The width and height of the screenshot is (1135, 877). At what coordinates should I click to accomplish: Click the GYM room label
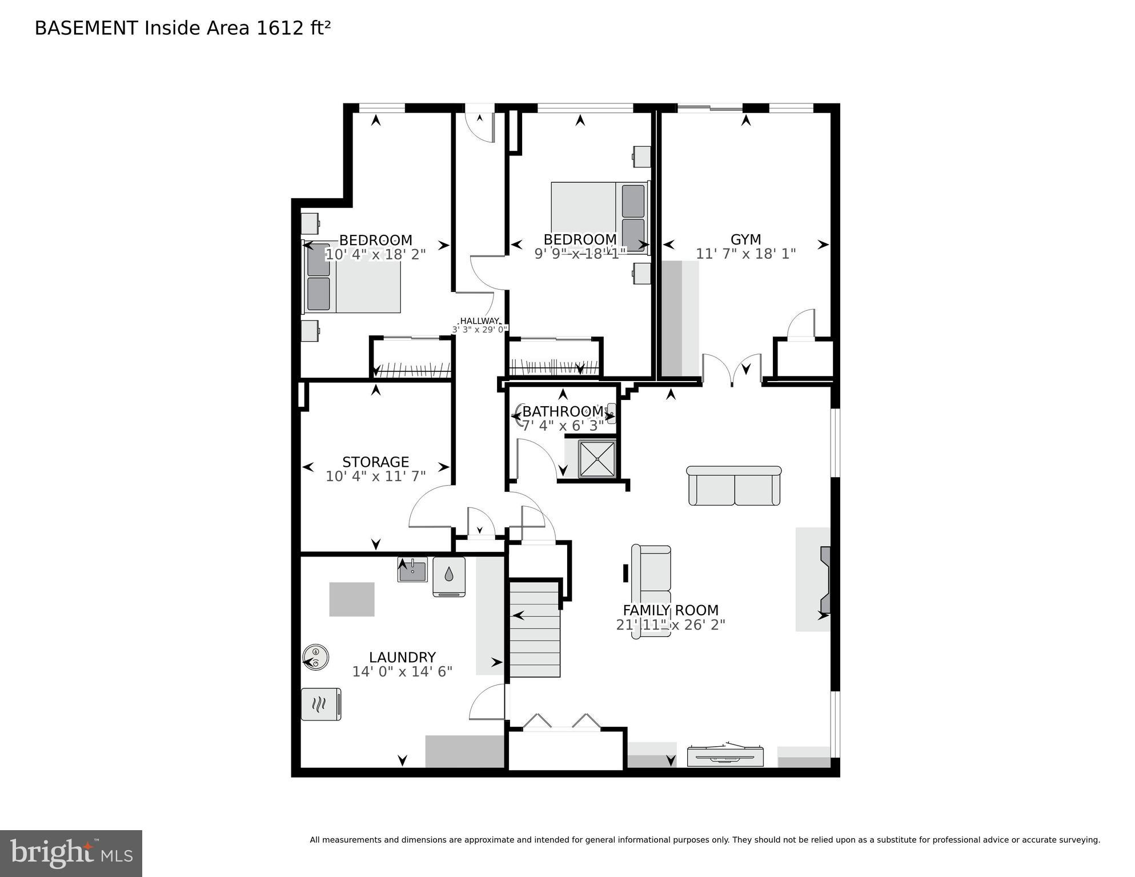coord(745,239)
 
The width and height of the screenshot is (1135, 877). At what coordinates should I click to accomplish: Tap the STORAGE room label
coord(375,462)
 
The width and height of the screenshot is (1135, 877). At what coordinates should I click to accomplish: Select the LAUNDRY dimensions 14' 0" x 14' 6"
coord(402,671)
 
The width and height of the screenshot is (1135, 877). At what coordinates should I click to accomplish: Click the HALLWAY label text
coord(479,321)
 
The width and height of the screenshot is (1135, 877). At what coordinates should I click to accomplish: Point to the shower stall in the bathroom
coord(597,458)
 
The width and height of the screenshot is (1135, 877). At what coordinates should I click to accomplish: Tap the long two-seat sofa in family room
coord(734,486)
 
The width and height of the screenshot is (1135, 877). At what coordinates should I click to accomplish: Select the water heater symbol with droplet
coord(449,576)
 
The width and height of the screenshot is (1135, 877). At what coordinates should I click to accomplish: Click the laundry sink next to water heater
coord(412,570)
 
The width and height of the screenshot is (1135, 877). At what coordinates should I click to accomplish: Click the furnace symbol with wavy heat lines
coord(321,704)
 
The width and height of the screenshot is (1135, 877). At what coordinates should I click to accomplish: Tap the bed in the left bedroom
coord(352,278)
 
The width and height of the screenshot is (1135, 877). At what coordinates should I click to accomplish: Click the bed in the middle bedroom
coord(600,218)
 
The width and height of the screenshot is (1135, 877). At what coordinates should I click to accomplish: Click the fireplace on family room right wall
coord(825,579)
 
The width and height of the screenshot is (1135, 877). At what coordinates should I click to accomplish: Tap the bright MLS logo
coord(71,853)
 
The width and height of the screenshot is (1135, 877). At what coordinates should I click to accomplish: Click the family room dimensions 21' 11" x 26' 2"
coord(671,624)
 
